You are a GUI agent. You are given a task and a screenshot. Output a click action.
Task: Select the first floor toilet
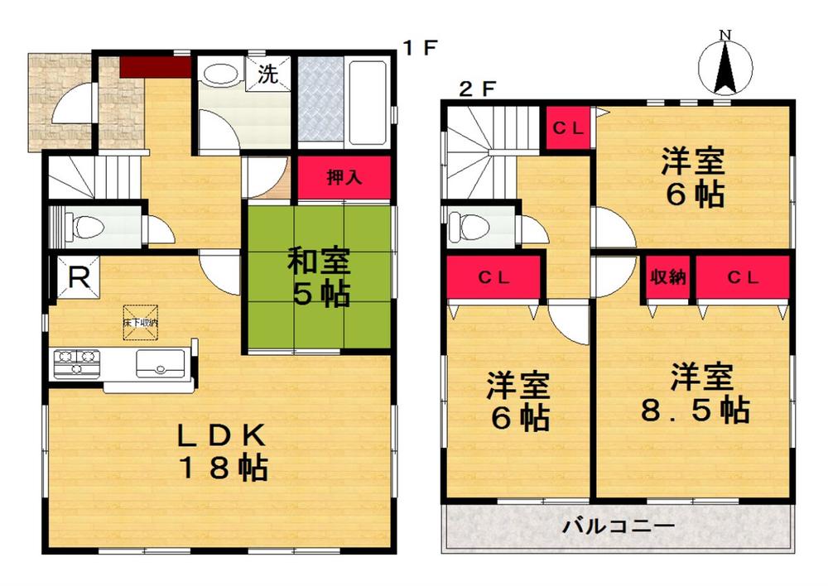(x=83, y=224)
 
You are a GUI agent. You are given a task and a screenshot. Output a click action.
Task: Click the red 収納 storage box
(x=667, y=278)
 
